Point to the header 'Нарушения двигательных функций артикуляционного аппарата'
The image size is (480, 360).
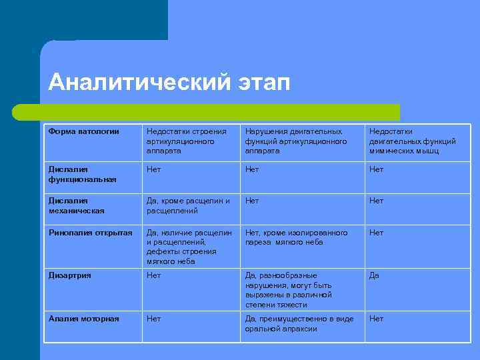click(x=296, y=141)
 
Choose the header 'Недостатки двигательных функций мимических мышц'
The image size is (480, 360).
click(x=413, y=141)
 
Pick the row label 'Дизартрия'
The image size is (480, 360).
click(x=70, y=275)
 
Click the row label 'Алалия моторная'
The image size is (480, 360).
click(x=84, y=319)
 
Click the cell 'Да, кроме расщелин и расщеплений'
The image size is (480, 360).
click(x=188, y=205)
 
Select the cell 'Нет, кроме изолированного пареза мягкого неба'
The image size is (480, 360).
click(x=296, y=237)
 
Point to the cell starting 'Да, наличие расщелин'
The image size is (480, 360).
click(x=189, y=247)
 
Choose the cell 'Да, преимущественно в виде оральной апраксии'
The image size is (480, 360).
click(x=299, y=323)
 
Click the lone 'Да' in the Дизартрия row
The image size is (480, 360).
click(x=374, y=275)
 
